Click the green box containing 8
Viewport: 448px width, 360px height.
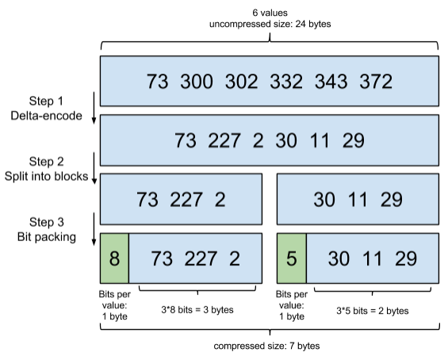point(114,259)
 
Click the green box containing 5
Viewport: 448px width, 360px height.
point(291,259)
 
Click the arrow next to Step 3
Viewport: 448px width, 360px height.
point(94,230)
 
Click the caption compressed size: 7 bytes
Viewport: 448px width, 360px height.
point(268,346)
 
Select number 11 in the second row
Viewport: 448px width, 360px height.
point(320,141)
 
